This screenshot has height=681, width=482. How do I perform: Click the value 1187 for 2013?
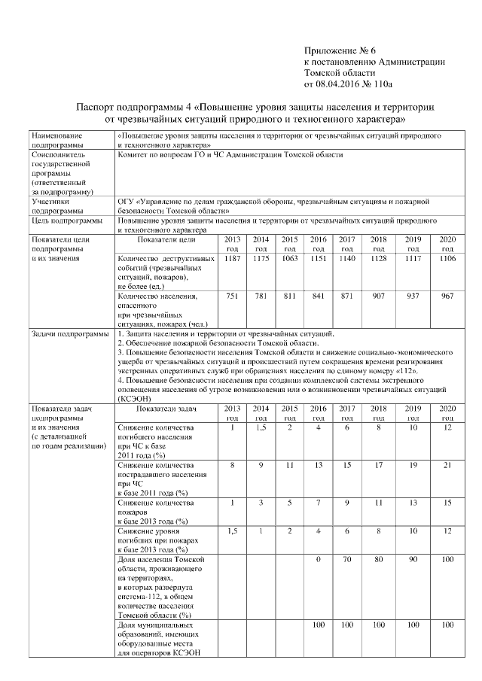pyautogui.click(x=232, y=258)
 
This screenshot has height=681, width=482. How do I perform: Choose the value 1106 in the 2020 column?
pyautogui.click(x=447, y=258)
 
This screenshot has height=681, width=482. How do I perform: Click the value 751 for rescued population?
pyautogui.click(x=232, y=296)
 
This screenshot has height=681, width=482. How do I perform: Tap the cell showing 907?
pyautogui.click(x=378, y=296)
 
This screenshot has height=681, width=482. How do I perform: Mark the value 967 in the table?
pyautogui.click(x=447, y=296)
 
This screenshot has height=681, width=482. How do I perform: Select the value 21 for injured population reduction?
pyautogui.click(x=447, y=464)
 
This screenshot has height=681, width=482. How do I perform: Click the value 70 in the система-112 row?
pyautogui.click(x=347, y=560)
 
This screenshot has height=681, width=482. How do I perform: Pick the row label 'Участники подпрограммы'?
pyautogui.click(x=53, y=205)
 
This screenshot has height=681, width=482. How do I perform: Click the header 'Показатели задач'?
pyautogui.click(x=166, y=409)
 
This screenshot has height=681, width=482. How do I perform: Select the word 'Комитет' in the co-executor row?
pyautogui.click(x=134, y=154)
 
